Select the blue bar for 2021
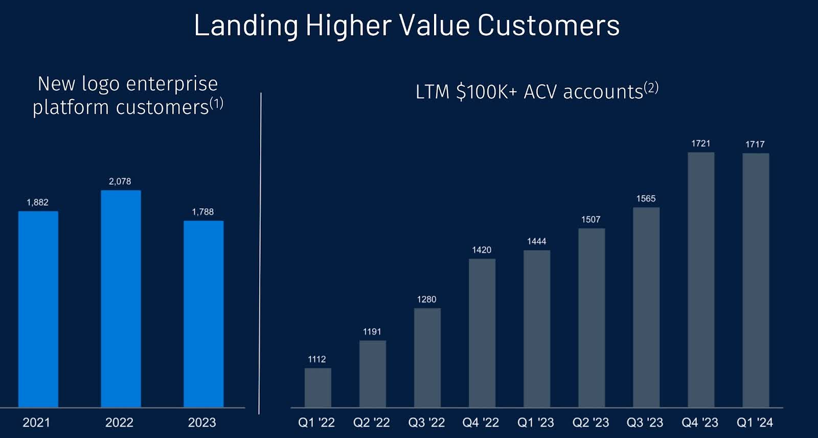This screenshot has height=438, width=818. coord(38,309)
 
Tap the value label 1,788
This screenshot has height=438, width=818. coord(202,212)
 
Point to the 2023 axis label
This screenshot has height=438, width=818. coord(202,423)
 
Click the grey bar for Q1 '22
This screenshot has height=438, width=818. coord(317,387)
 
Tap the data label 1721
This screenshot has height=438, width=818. coord(700,143)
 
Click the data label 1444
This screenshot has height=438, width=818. coord(536,241)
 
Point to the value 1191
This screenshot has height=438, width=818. coord(372,332)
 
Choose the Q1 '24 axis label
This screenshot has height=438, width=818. coord(755,423)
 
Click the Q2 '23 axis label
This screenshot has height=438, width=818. coord(590,423)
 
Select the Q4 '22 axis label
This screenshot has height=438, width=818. coord(481,423)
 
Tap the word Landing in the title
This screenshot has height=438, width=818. coord(246,25)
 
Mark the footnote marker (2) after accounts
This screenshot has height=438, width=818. coord(651,87)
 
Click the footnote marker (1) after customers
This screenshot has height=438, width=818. coord(216,103)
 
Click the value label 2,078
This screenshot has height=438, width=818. coord(120,181)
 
